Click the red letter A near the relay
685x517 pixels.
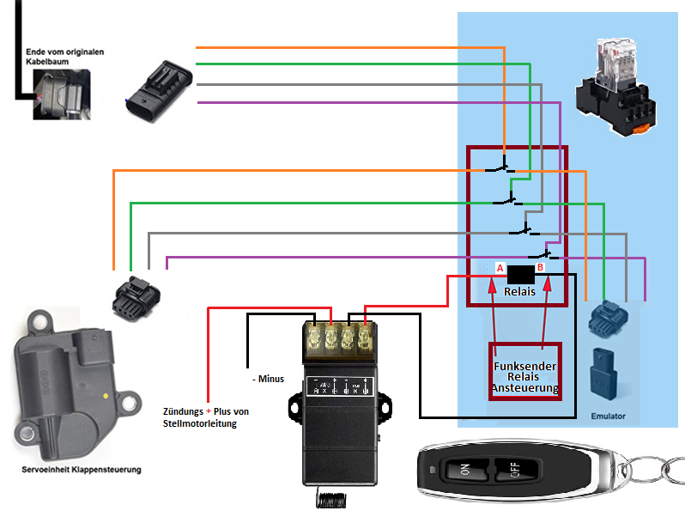(499, 268)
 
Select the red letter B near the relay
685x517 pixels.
(540, 268)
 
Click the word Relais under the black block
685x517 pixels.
(519, 291)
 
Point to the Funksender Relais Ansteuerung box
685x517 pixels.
(524, 371)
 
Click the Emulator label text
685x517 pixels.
(608, 417)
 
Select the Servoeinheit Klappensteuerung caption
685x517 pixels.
(81, 470)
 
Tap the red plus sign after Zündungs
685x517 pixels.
(209, 411)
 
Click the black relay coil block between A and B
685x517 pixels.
(520, 274)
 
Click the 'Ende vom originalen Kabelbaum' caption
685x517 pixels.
(64, 58)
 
